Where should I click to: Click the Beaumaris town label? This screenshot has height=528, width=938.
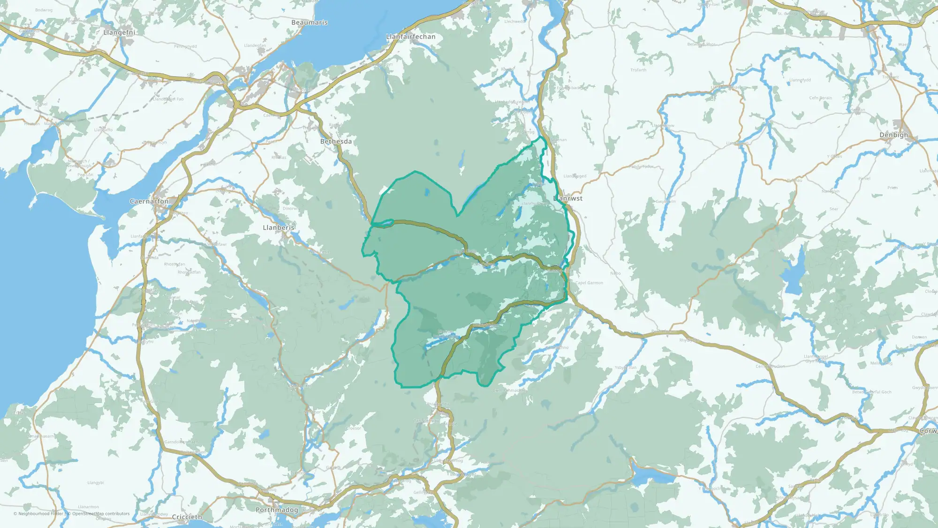[309, 23]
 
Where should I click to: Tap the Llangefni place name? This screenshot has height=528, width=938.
[119, 32]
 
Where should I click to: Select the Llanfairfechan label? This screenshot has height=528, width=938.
[410, 37]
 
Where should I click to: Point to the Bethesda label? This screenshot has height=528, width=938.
[336, 141]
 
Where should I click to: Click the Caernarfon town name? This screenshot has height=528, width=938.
[149, 201]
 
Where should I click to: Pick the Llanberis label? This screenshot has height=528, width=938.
[279, 228]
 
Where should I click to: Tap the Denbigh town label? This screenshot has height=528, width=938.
[893, 135]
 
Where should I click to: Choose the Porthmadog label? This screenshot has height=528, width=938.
[277, 510]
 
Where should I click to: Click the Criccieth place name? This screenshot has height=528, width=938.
[187, 517]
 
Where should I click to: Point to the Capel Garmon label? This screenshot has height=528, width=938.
[589, 283]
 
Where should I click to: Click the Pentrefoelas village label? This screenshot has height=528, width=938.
[663, 331]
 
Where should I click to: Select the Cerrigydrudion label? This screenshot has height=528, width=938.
[770, 367]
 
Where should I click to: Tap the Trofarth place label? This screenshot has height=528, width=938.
[638, 70]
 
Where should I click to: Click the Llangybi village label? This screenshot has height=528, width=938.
[96, 483]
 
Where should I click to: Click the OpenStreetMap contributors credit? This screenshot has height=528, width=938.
[100, 514]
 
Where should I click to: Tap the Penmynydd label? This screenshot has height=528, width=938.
[185, 46]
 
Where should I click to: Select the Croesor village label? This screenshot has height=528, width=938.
[354, 429]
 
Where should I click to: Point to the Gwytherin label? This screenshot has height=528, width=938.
[666, 202]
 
